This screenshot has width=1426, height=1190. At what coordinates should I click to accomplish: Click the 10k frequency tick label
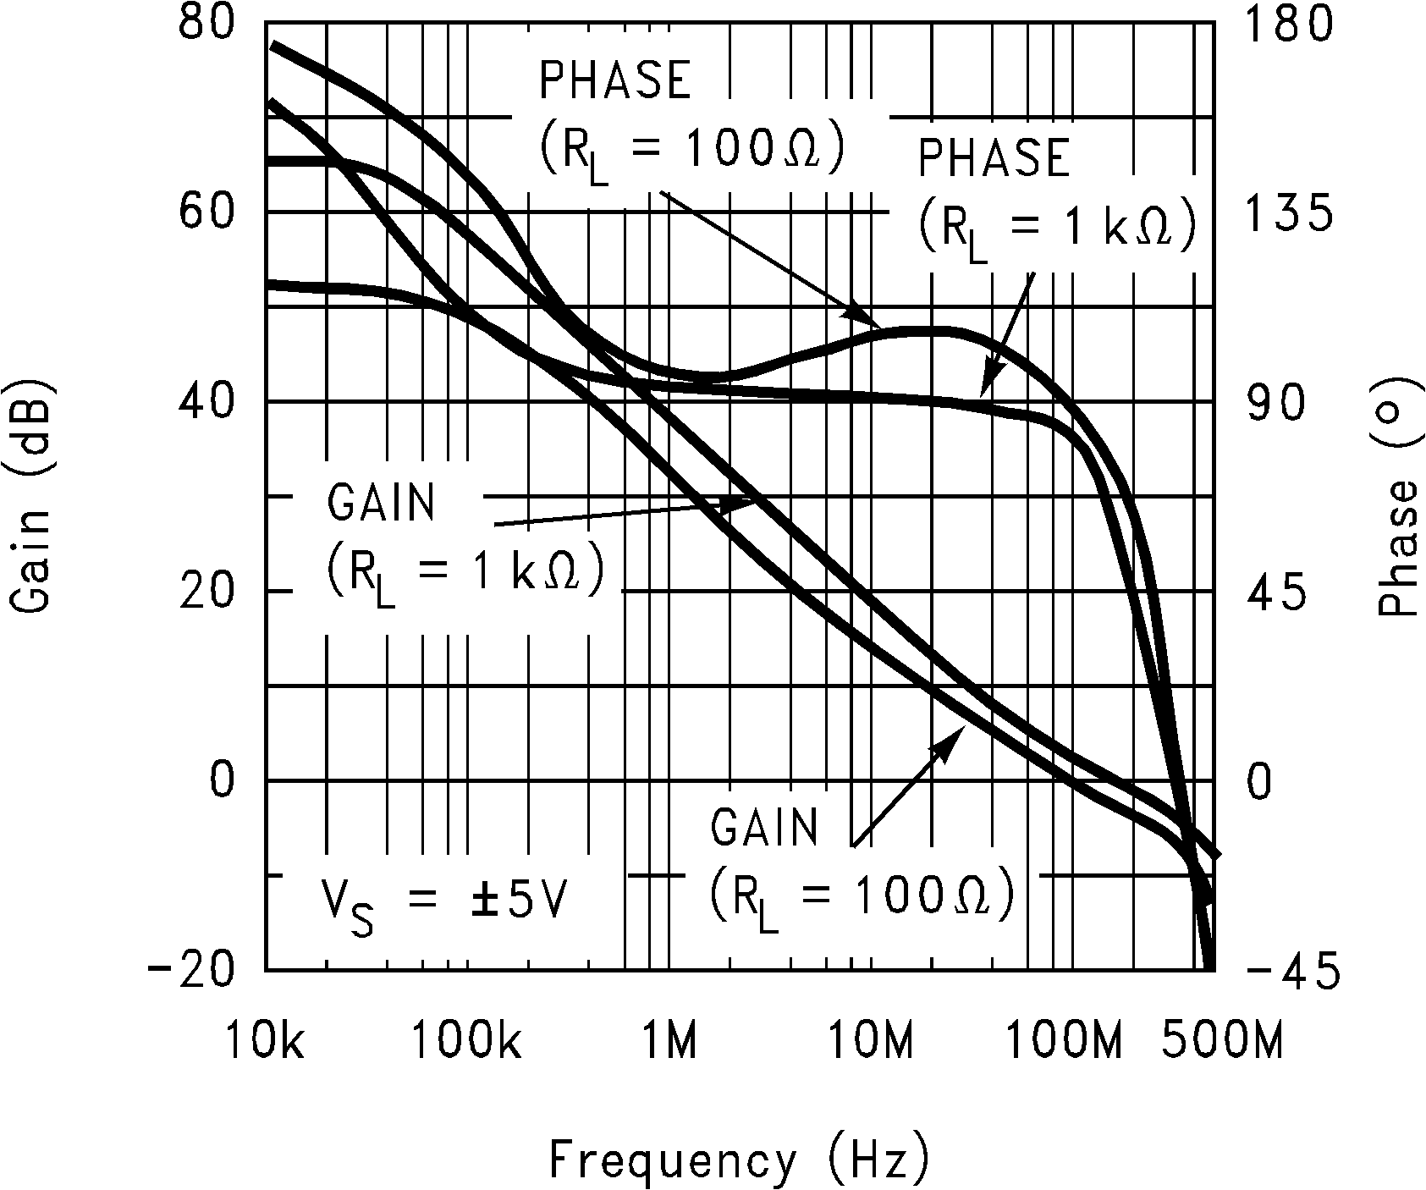265,1040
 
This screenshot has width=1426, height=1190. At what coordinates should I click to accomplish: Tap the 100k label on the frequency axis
467,1040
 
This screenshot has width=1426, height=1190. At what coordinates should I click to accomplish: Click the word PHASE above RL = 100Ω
616,80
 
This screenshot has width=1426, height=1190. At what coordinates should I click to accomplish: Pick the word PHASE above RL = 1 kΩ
994,159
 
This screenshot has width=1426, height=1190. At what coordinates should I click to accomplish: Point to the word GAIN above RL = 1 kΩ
381,504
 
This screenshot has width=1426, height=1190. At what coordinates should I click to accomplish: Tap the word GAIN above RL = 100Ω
765,829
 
